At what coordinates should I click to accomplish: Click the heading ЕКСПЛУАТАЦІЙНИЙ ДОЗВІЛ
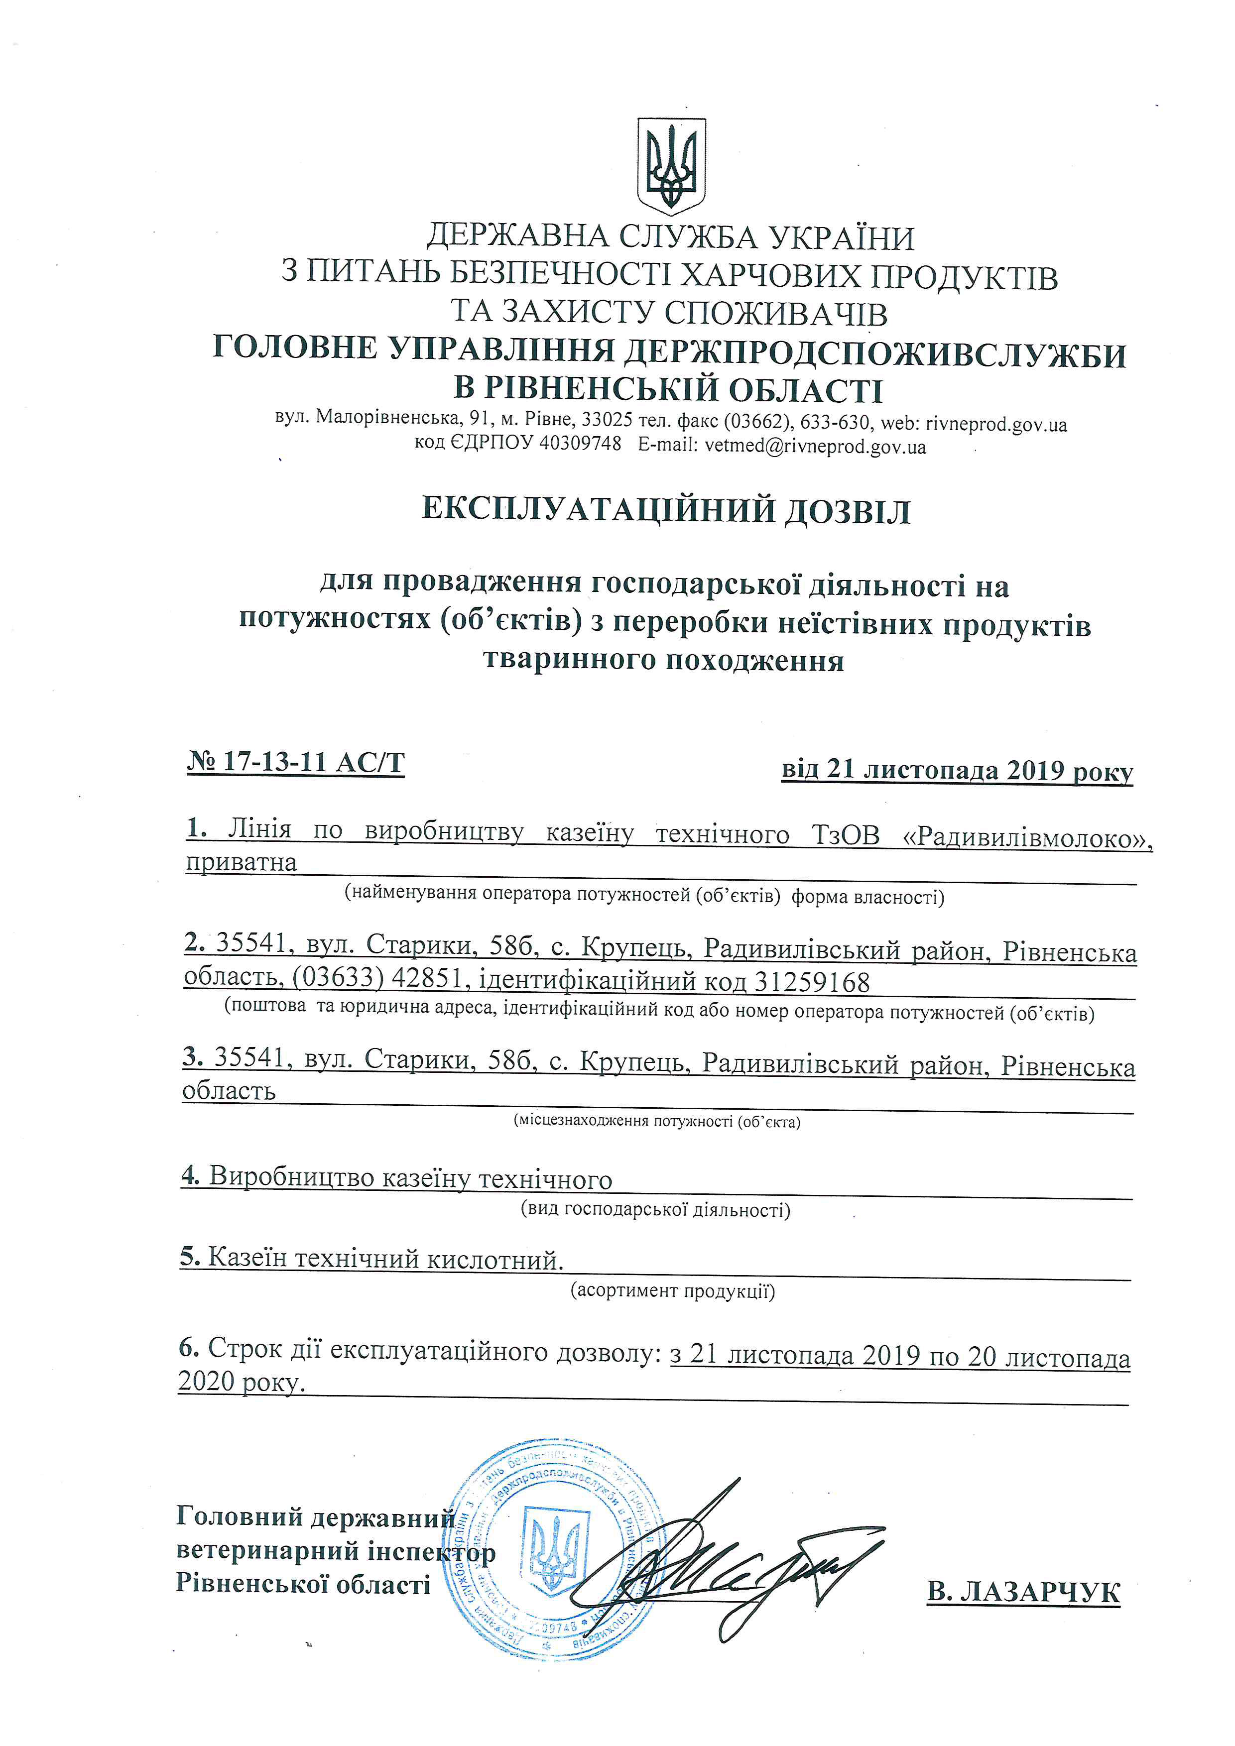666,510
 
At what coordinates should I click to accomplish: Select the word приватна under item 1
241,863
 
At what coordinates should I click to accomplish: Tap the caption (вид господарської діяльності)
655,1209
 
